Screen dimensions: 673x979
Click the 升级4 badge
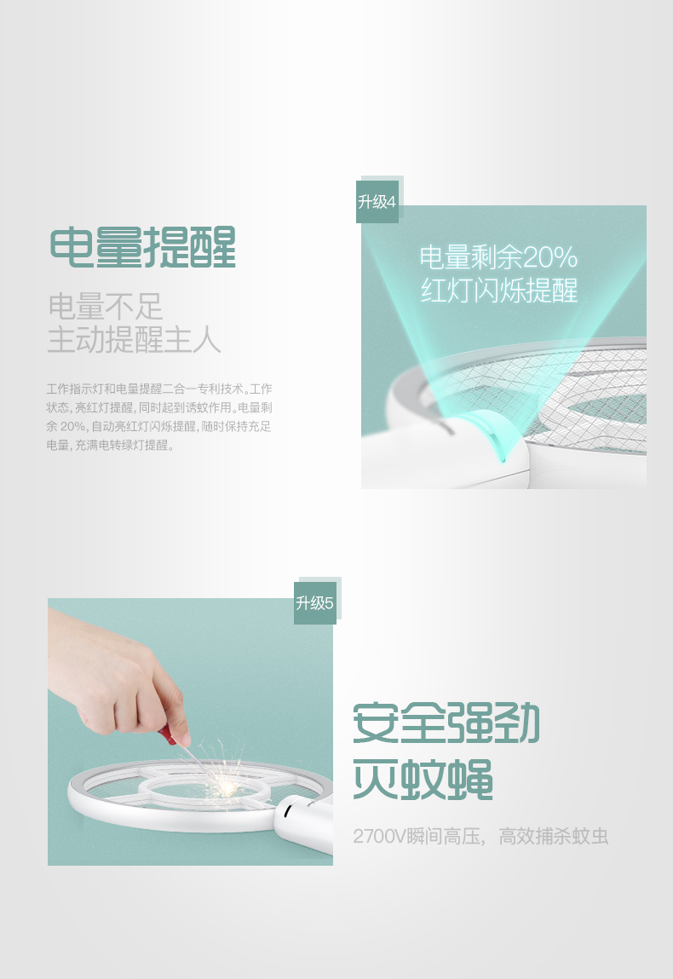point(377,202)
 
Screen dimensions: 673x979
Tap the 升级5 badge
point(314,603)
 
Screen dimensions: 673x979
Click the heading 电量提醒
point(143,247)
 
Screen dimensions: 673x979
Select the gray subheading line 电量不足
point(105,307)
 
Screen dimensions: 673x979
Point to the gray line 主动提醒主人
point(135,340)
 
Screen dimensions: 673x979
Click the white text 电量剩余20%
point(498,257)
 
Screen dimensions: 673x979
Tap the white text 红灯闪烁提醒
point(499,291)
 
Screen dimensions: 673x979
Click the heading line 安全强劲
point(446,723)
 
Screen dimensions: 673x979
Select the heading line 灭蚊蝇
point(423,780)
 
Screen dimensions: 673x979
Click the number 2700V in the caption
point(380,836)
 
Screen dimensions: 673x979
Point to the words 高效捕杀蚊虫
point(553,836)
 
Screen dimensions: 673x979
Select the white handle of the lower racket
point(306,823)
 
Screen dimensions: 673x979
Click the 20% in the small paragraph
point(74,427)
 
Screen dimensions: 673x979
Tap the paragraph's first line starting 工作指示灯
point(159,389)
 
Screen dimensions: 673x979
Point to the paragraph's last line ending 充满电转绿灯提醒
point(110,445)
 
